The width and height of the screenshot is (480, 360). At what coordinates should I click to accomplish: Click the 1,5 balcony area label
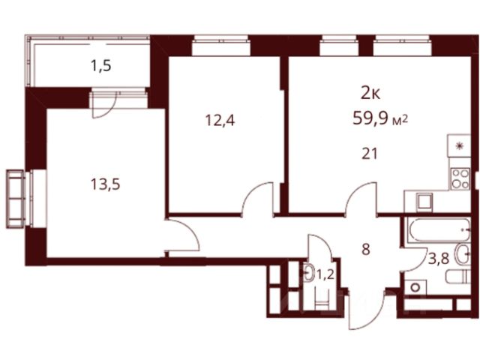point(100,66)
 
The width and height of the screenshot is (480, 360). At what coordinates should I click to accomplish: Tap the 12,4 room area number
point(220,120)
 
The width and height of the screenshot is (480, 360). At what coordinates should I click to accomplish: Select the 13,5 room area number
point(105,184)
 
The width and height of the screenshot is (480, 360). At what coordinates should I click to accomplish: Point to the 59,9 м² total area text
point(380,118)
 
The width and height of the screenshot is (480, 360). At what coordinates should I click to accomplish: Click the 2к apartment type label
point(370,93)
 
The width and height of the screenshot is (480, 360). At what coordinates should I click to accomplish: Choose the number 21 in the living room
point(370,153)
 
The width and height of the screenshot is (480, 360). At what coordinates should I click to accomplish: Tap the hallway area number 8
point(365,250)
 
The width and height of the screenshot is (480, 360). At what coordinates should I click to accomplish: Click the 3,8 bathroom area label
point(439,259)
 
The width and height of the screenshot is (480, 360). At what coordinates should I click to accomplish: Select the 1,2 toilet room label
point(325,274)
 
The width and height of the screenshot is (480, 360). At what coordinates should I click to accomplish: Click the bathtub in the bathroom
point(439,229)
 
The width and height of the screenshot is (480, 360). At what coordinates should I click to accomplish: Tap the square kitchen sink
point(425,202)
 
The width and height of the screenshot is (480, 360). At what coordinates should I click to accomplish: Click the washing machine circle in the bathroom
point(415,288)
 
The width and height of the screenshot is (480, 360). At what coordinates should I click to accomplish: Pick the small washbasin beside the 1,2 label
point(309,272)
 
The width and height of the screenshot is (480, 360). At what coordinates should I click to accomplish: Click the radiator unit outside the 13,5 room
point(15,199)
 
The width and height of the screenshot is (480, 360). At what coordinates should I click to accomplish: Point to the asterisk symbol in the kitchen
point(459,146)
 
